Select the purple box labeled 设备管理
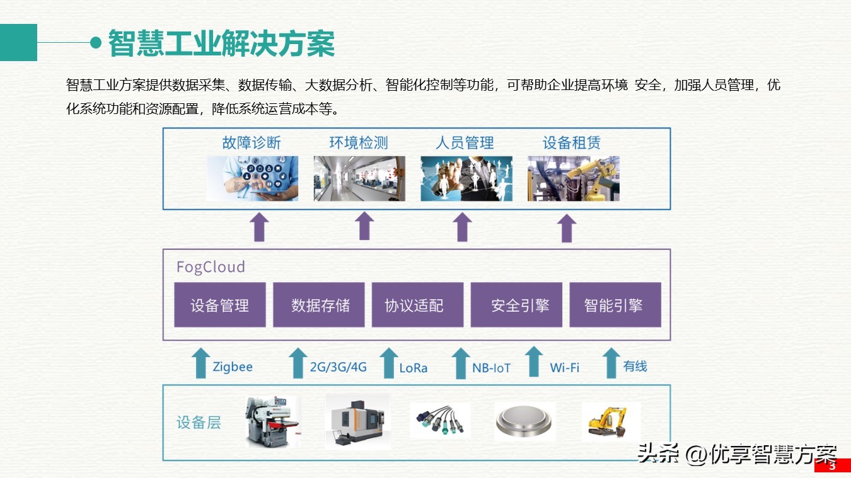[x=219, y=305]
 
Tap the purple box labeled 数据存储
[x=319, y=305]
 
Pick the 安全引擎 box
[x=516, y=305]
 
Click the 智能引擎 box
[x=615, y=305]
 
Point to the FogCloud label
[x=210, y=266]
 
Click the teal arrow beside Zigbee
[x=200, y=363]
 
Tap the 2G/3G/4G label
[x=338, y=367]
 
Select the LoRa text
[x=413, y=368]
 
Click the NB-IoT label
[x=491, y=368]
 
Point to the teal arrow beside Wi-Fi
[x=534, y=362]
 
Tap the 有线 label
[x=635, y=366]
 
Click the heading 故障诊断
[x=251, y=143]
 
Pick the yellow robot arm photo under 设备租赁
[x=573, y=179]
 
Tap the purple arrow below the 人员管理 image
[x=463, y=227]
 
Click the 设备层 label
[x=199, y=422]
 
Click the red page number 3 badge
[x=831, y=466]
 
